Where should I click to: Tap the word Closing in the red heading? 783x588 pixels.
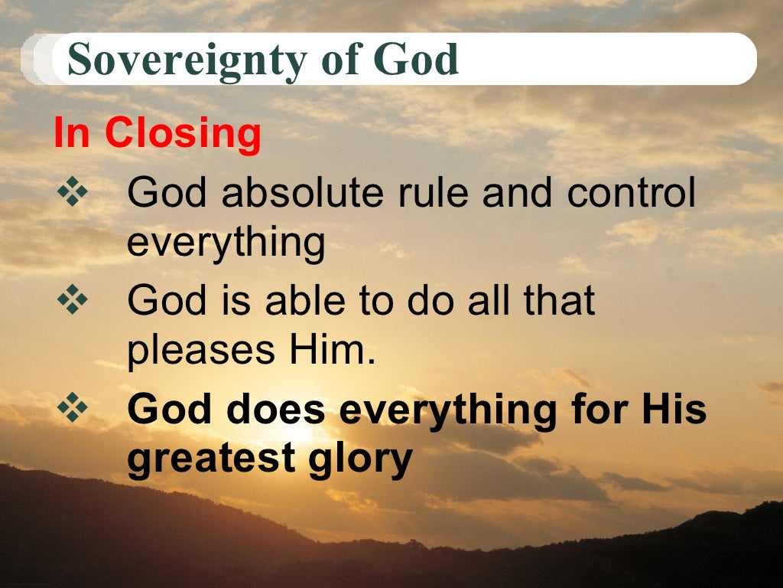pyautogui.click(x=184, y=134)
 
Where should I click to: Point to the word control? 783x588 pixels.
pyautogui.click(x=632, y=193)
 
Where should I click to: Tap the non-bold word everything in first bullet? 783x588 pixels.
pyautogui.click(x=226, y=243)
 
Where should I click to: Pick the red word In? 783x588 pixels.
pyautogui.click(x=72, y=134)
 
